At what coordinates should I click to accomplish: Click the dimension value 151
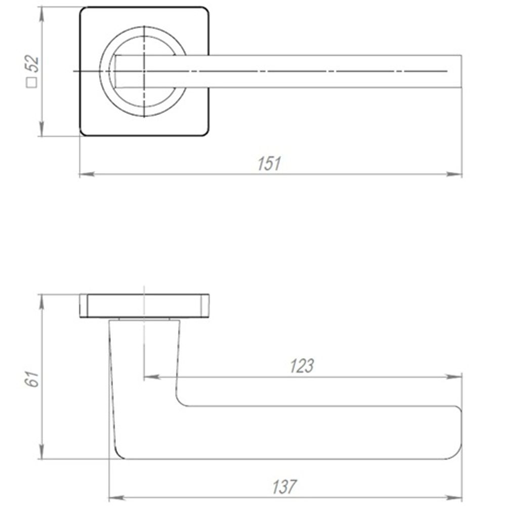point(269,164)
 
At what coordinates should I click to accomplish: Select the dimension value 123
point(302,366)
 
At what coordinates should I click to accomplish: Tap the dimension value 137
point(284,487)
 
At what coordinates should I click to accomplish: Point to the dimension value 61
point(32,377)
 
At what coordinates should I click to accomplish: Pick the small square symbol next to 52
point(32,82)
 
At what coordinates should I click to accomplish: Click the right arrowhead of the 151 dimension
point(456,175)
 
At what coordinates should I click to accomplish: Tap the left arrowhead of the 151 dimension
point(87,175)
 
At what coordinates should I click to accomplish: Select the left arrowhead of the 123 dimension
point(151,377)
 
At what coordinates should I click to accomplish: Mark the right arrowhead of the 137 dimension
point(456,498)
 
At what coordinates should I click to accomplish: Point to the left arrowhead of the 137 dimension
point(116,498)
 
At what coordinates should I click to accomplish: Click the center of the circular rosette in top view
point(145,71)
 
